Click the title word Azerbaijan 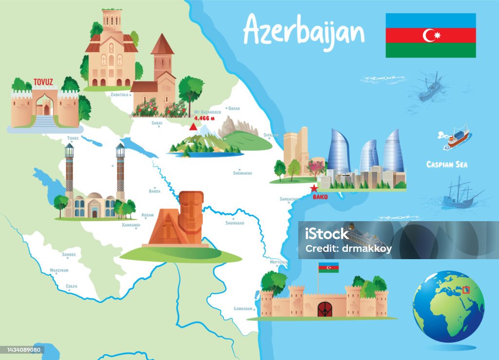pos(304,30)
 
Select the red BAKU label pos(320,197)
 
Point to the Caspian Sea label pos(447,165)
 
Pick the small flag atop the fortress pos(328,267)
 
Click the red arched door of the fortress pos(325,309)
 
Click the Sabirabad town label pos(235,223)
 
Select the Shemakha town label pos(243,172)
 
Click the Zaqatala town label pos(119,95)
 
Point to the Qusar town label pos(234,108)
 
